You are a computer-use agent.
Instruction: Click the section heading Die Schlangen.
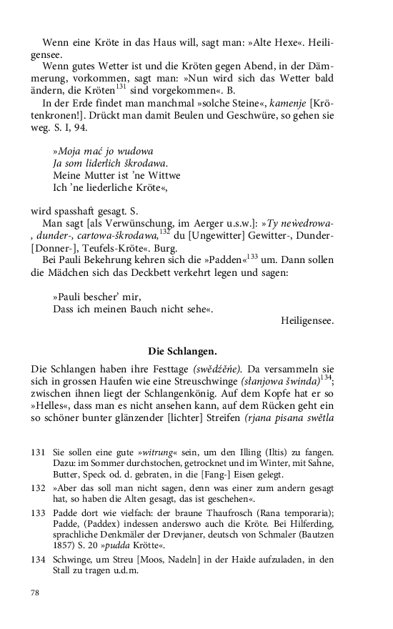click(x=182, y=351)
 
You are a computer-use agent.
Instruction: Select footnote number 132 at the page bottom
click(x=39, y=486)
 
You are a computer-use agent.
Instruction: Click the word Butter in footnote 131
click(x=67, y=474)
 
